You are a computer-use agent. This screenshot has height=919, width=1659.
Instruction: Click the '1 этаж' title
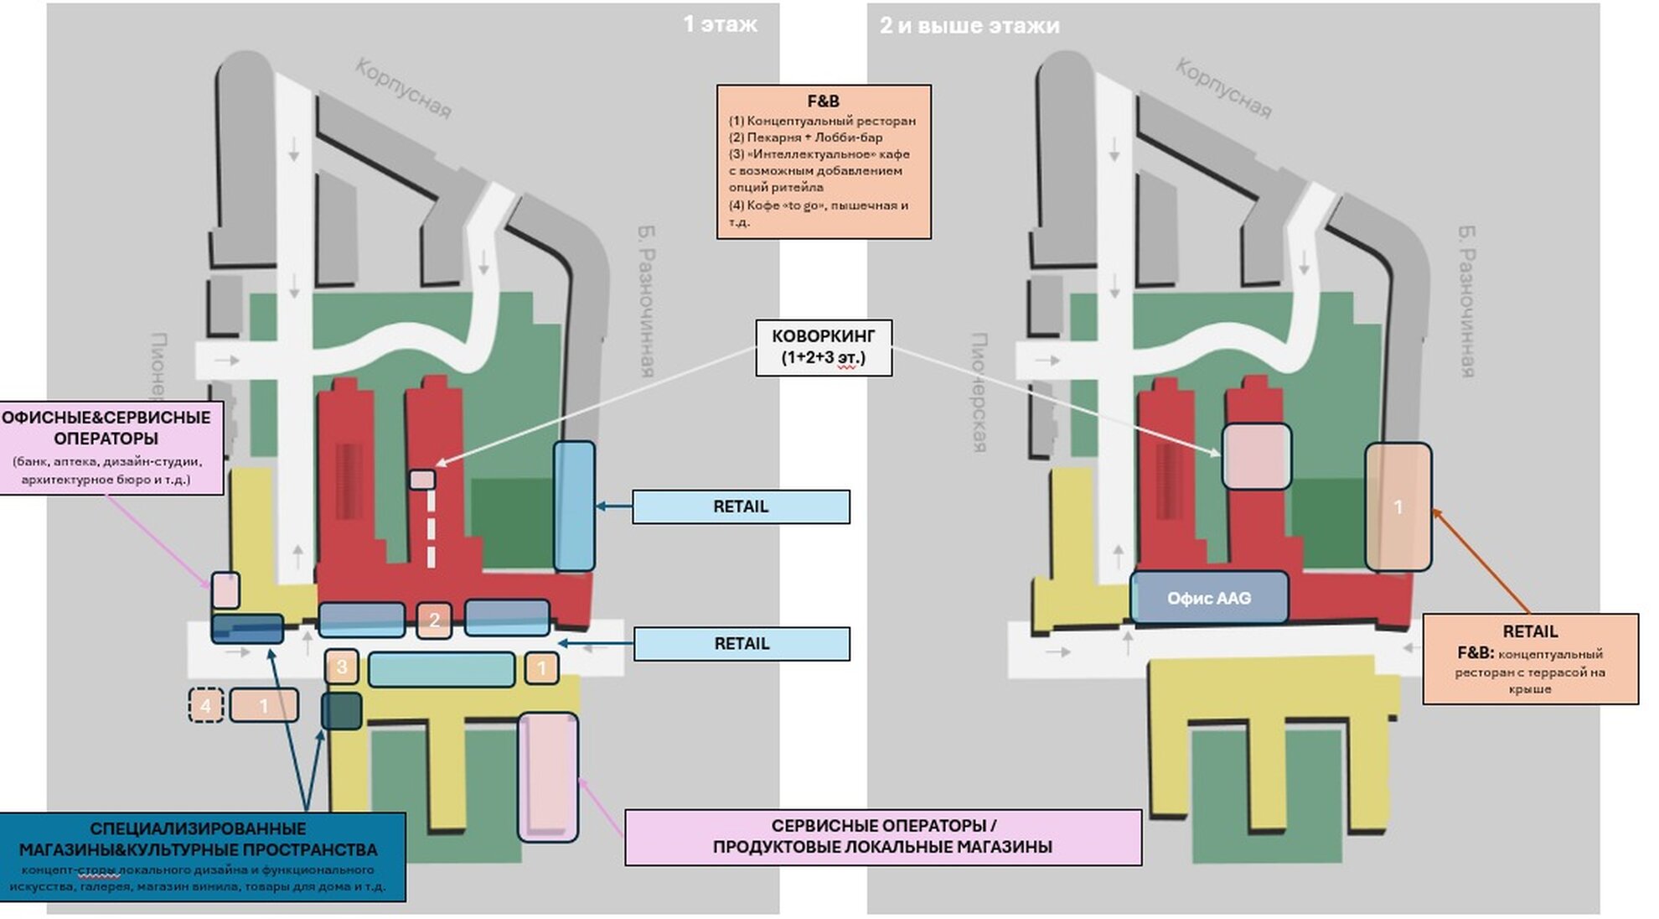tap(720, 24)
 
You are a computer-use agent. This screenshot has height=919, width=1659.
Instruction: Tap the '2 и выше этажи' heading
tap(969, 26)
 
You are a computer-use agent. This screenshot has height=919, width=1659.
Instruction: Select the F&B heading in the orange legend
tap(823, 101)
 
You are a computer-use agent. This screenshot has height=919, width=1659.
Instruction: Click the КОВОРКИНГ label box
tap(824, 347)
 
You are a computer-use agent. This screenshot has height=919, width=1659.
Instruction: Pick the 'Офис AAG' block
tap(1209, 598)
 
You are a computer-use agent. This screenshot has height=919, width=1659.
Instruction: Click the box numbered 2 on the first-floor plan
tap(434, 620)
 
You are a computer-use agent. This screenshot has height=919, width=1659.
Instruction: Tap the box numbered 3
tap(341, 667)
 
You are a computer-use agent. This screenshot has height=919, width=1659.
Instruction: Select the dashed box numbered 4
tap(206, 705)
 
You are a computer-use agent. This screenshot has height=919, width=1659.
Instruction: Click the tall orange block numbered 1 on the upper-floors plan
tap(1398, 506)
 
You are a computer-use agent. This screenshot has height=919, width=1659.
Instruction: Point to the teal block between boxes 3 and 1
tap(442, 669)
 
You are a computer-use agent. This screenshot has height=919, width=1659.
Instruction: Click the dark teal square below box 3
tap(342, 710)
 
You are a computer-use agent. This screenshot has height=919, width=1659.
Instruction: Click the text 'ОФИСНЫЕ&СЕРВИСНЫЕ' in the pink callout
tap(106, 418)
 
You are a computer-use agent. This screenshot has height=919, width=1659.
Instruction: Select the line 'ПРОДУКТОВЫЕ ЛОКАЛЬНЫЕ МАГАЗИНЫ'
tap(882, 847)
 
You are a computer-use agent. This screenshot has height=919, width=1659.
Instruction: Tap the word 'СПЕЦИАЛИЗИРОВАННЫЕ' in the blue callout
tap(198, 829)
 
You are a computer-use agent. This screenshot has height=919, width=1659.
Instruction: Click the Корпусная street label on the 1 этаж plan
tap(403, 88)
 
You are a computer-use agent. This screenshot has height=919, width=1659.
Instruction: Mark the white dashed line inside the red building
tap(432, 528)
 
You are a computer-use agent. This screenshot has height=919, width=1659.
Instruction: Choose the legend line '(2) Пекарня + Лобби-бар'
tap(805, 138)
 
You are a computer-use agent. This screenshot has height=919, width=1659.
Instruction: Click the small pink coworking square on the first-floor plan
tap(422, 480)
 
